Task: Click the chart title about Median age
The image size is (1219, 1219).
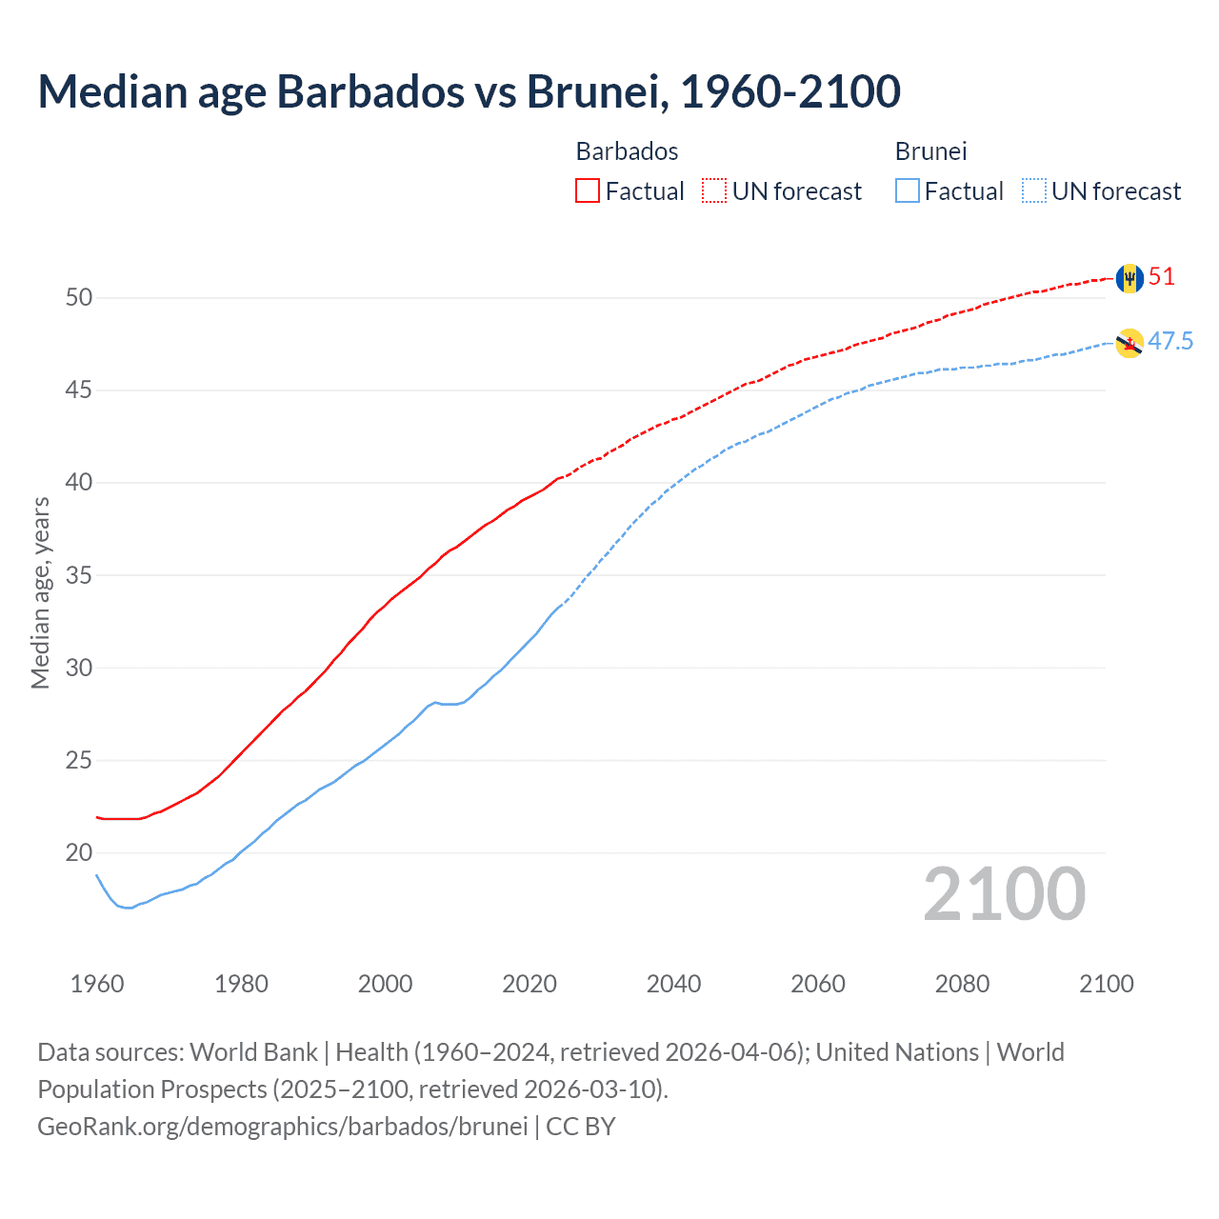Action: click(469, 91)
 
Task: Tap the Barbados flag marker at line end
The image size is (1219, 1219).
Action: click(1129, 278)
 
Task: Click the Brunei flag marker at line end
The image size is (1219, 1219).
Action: click(1129, 344)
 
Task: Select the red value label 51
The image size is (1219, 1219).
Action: click(1162, 277)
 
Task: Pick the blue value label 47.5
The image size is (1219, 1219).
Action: click(1170, 342)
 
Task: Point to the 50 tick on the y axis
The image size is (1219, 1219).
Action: click(79, 298)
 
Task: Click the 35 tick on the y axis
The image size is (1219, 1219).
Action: click(79, 576)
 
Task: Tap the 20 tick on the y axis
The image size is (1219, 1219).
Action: click(79, 853)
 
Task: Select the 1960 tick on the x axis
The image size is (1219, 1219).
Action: click(97, 984)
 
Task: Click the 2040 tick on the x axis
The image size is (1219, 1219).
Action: click(673, 984)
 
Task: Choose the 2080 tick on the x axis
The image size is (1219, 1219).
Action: click(962, 984)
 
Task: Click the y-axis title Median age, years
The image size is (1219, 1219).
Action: click(40, 592)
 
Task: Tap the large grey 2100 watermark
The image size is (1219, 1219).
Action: click(1004, 894)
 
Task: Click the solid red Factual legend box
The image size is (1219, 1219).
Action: click(588, 191)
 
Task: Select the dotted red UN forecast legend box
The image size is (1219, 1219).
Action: click(714, 191)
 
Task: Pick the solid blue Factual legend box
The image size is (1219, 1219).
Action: click(908, 191)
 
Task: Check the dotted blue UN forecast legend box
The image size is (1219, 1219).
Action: click(1034, 191)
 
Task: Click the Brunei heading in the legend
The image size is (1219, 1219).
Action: click(930, 151)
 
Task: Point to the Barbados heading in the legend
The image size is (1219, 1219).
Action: click(627, 151)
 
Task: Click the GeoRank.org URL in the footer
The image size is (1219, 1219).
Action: click(282, 1127)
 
